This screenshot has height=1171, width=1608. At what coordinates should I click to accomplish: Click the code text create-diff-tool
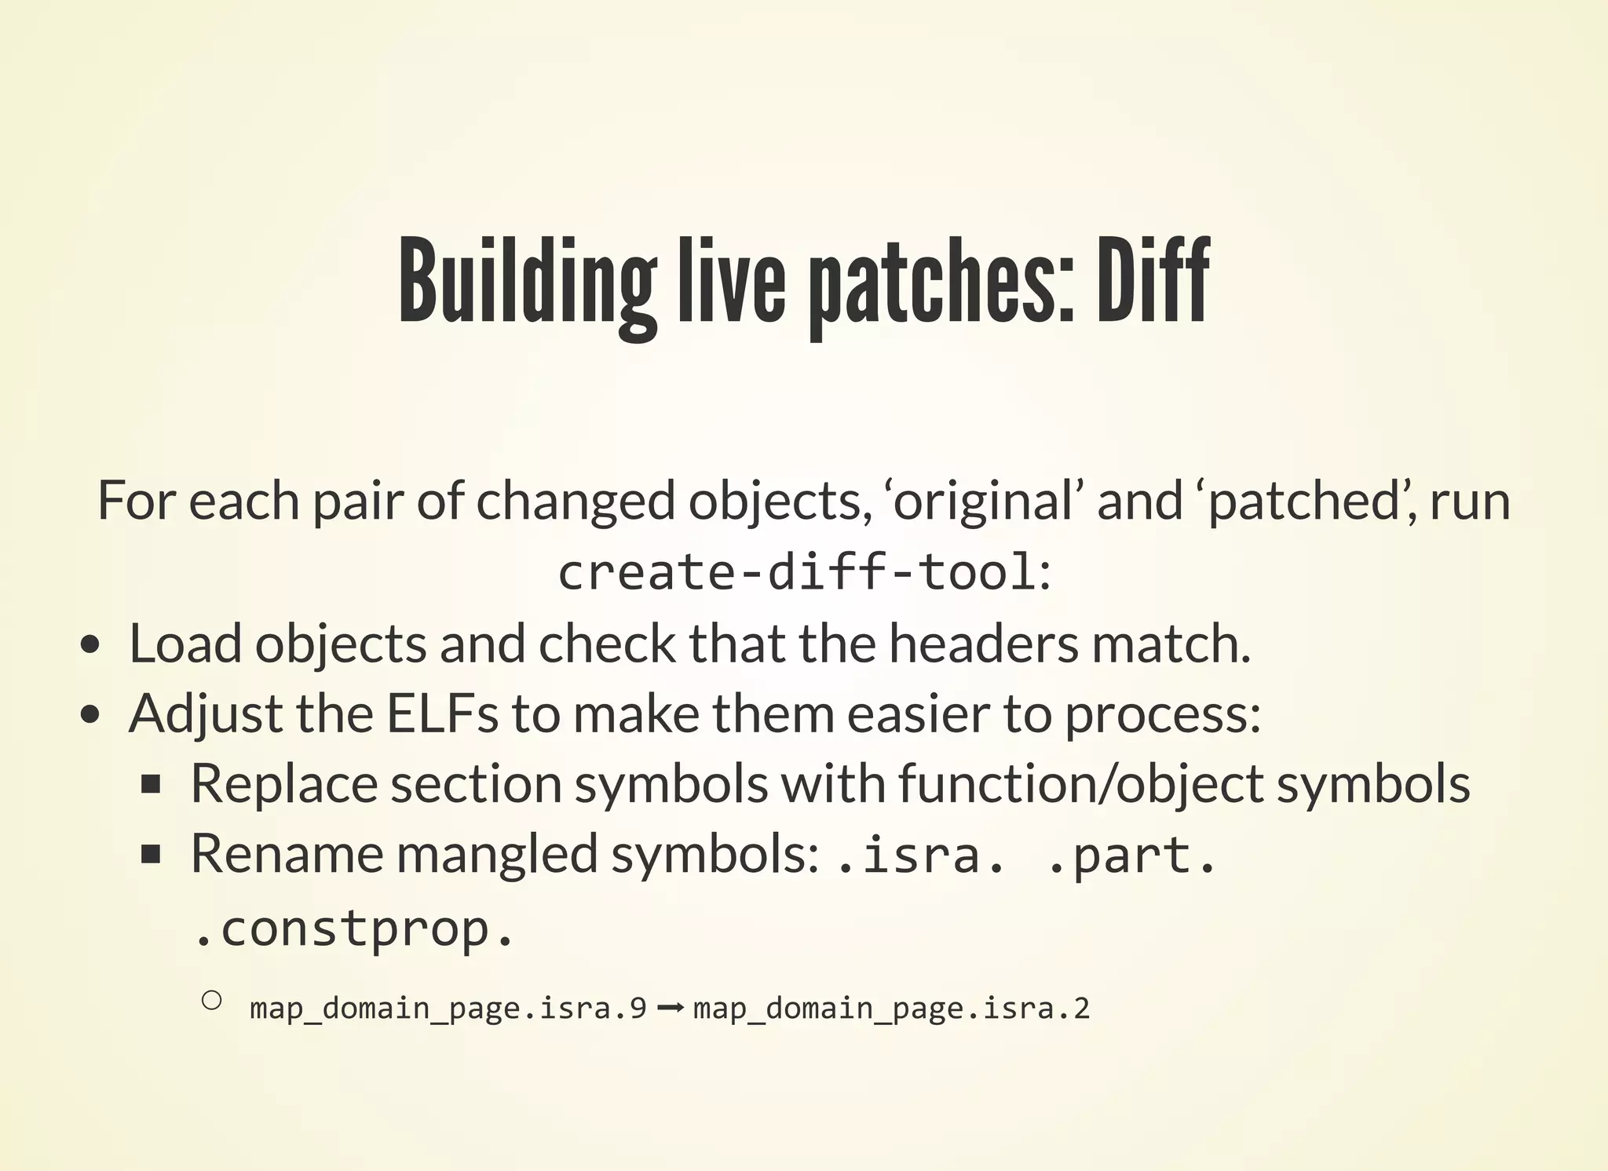point(797,571)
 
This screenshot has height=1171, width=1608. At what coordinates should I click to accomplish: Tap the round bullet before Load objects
point(91,645)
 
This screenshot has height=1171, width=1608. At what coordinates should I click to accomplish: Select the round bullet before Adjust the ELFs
point(91,715)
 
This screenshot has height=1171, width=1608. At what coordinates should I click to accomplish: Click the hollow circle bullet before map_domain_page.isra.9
point(210,1000)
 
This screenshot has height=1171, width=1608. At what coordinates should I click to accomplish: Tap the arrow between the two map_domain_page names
point(669,1008)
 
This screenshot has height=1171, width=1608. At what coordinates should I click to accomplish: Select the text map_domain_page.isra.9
point(448,1008)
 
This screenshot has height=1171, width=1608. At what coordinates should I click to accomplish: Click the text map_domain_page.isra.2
point(891,1008)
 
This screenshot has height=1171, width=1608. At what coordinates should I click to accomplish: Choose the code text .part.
point(1131,855)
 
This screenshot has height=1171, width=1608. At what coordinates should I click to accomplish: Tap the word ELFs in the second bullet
point(442,714)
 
